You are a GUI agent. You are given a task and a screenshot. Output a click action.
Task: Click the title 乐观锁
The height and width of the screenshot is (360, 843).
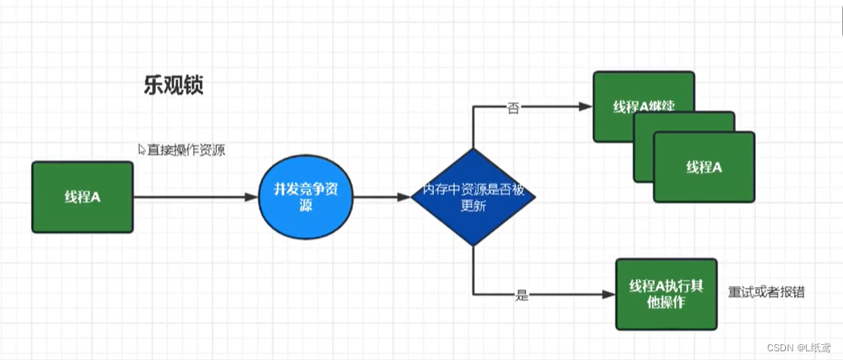(x=173, y=85)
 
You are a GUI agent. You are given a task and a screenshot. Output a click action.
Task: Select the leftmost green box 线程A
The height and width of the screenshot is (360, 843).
(x=81, y=197)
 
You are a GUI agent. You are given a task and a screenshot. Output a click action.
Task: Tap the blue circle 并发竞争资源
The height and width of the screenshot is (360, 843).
(x=305, y=197)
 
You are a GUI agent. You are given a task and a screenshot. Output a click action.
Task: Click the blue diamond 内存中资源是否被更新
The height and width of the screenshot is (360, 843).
(x=473, y=197)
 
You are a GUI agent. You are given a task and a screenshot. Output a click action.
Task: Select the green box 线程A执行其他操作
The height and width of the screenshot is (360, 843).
(x=666, y=294)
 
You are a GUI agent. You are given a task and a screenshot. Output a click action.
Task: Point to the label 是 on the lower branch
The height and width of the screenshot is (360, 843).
(x=521, y=295)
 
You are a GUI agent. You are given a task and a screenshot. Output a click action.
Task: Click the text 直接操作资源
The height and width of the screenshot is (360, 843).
(x=186, y=150)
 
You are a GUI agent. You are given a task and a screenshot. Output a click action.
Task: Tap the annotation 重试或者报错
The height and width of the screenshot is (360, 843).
(x=766, y=292)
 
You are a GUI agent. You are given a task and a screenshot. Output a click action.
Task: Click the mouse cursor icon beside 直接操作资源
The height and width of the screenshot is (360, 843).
(x=142, y=149)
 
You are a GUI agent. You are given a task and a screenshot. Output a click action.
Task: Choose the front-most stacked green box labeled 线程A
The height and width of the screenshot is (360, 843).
(x=704, y=168)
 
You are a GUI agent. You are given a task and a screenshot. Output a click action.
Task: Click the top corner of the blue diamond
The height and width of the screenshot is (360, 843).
(x=473, y=149)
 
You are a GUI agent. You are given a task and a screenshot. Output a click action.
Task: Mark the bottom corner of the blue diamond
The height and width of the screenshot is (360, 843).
(x=473, y=245)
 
